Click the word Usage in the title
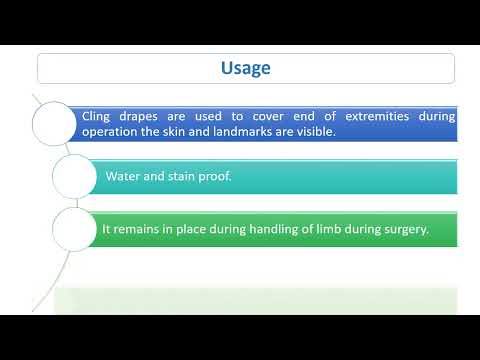(x=245, y=68)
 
